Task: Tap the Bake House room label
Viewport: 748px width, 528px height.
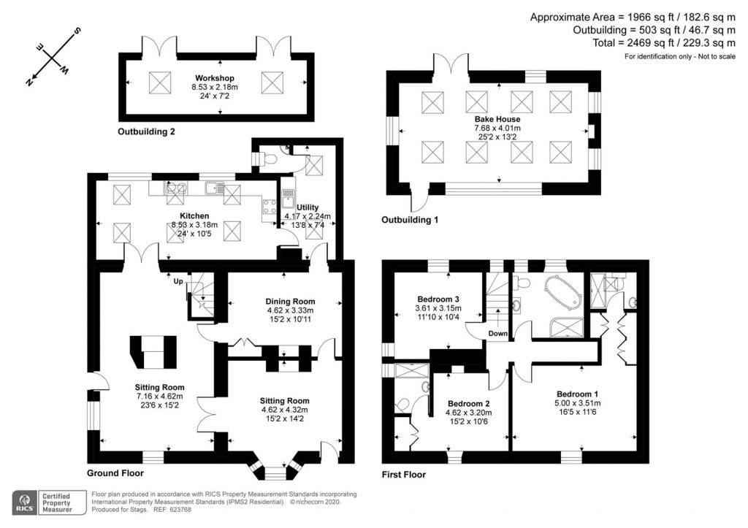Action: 497,119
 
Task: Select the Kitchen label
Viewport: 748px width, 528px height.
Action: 195,216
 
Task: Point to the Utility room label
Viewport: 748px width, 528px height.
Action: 308,207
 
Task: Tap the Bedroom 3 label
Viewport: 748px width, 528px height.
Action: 438,299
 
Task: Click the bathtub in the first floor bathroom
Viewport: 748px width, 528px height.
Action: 562,293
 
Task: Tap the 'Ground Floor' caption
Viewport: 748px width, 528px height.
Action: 113,473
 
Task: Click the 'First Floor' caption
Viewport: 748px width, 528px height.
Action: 404,474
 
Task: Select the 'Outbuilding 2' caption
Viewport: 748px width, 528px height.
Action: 146,132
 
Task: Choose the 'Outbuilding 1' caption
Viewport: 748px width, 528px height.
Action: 410,219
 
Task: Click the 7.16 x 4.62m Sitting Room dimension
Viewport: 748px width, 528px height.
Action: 159,397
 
